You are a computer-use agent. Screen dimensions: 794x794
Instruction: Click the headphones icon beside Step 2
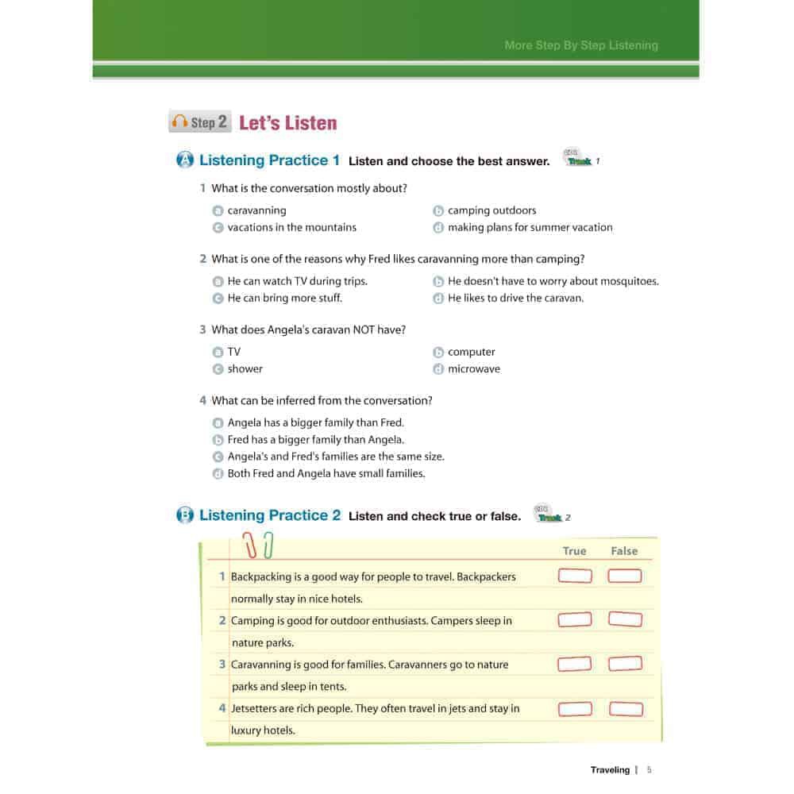click(179, 122)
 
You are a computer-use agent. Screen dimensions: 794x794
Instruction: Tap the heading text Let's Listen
click(287, 123)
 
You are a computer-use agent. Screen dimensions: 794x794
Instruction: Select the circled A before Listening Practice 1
click(184, 160)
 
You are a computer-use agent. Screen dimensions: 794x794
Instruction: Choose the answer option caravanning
click(256, 210)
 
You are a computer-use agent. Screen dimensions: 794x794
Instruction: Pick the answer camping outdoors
click(491, 210)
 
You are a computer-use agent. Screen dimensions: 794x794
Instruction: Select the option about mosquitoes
click(553, 281)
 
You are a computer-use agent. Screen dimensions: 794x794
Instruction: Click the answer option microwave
click(473, 368)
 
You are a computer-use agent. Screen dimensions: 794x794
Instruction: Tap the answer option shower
click(245, 368)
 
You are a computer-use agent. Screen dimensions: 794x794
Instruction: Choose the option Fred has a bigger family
click(315, 439)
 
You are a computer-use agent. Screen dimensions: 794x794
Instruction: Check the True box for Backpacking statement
click(575, 576)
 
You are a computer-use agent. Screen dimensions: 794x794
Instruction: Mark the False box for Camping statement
click(625, 619)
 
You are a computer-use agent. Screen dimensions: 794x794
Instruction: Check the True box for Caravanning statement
click(575, 664)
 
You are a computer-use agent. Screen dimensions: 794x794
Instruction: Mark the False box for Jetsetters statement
click(625, 708)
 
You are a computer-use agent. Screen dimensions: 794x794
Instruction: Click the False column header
click(624, 551)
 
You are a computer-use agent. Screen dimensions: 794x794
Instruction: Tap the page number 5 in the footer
click(649, 769)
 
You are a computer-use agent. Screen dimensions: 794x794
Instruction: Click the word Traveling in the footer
click(610, 769)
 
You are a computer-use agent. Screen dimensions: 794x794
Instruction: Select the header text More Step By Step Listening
click(581, 45)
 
